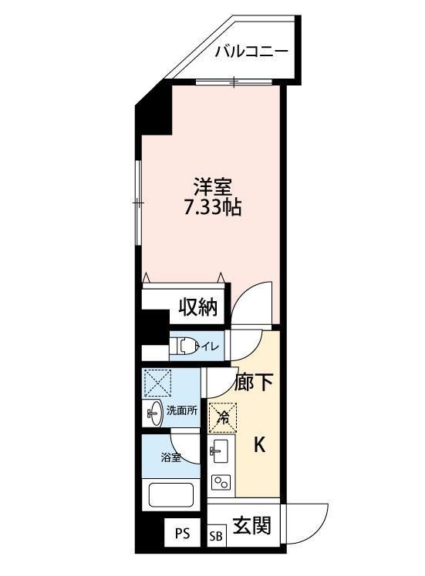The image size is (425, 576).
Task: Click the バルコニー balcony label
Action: pos(251,52)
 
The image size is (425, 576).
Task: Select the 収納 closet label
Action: pos(197,308)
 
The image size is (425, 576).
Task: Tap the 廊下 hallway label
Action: pos(255,382)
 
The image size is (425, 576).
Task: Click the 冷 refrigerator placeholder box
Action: pos(222,418)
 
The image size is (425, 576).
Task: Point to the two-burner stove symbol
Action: pos(221,483)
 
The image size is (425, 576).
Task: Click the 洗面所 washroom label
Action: pos(183,410)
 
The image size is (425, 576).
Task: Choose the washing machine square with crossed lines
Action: pos(157,382)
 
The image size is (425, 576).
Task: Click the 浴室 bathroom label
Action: pos(170,457)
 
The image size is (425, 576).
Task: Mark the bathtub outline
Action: pos(173,493)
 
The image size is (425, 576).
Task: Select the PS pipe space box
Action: pos(182,533)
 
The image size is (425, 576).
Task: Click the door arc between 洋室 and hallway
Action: pos(253,302)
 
